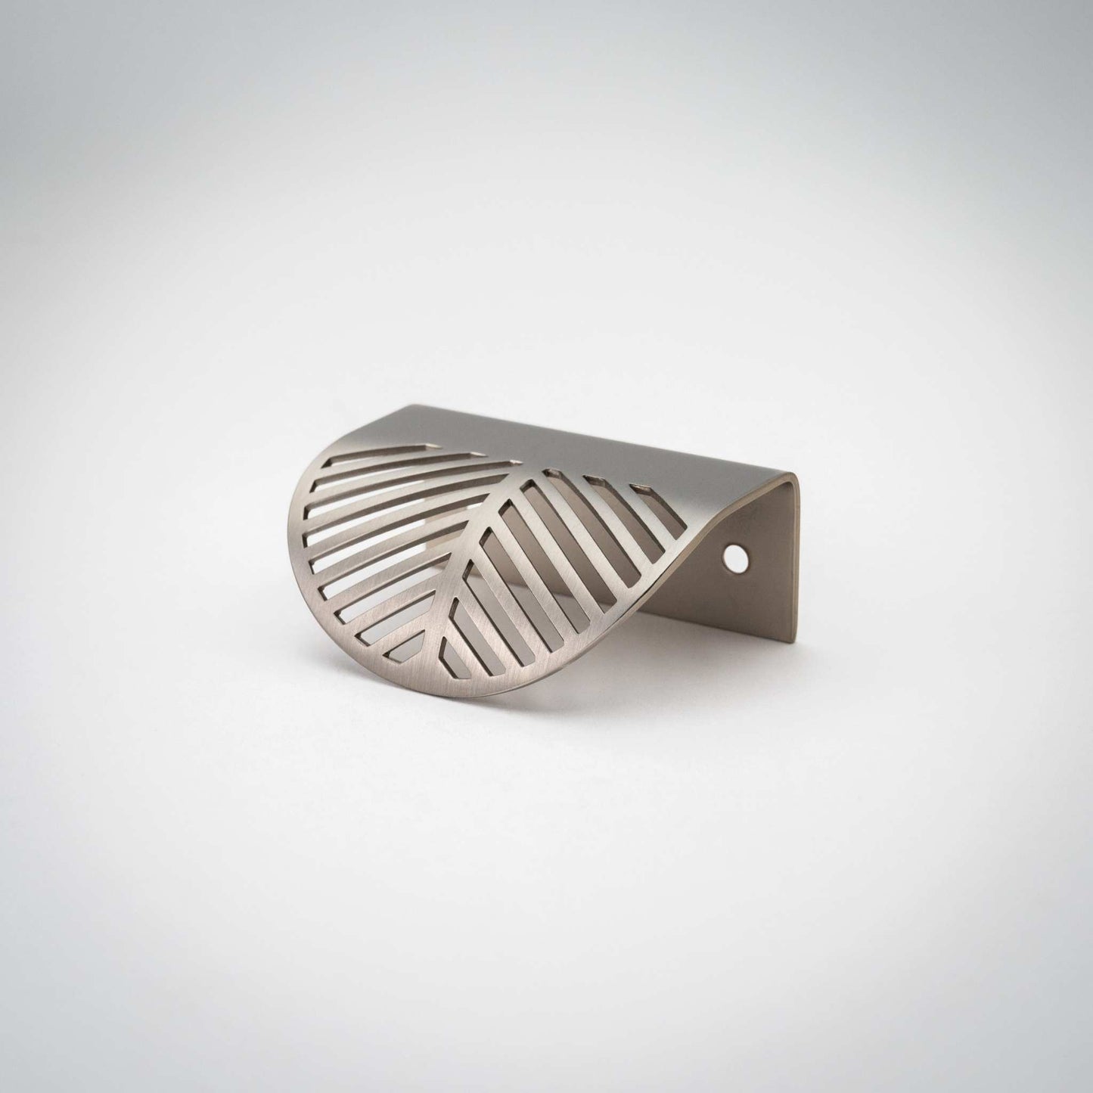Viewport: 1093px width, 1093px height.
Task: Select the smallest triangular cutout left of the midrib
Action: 409,645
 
